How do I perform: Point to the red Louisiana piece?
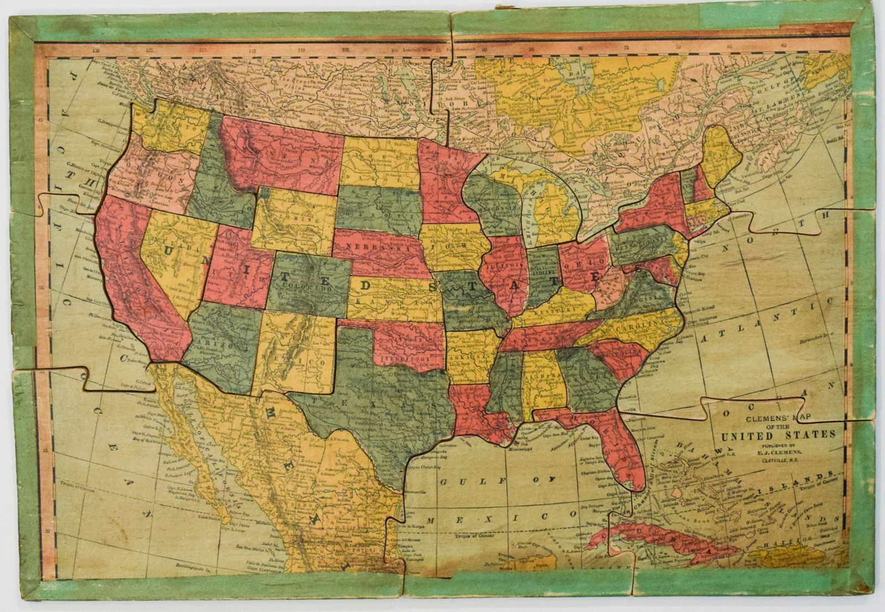(476, 409)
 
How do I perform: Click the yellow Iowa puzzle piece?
(451, 243)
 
